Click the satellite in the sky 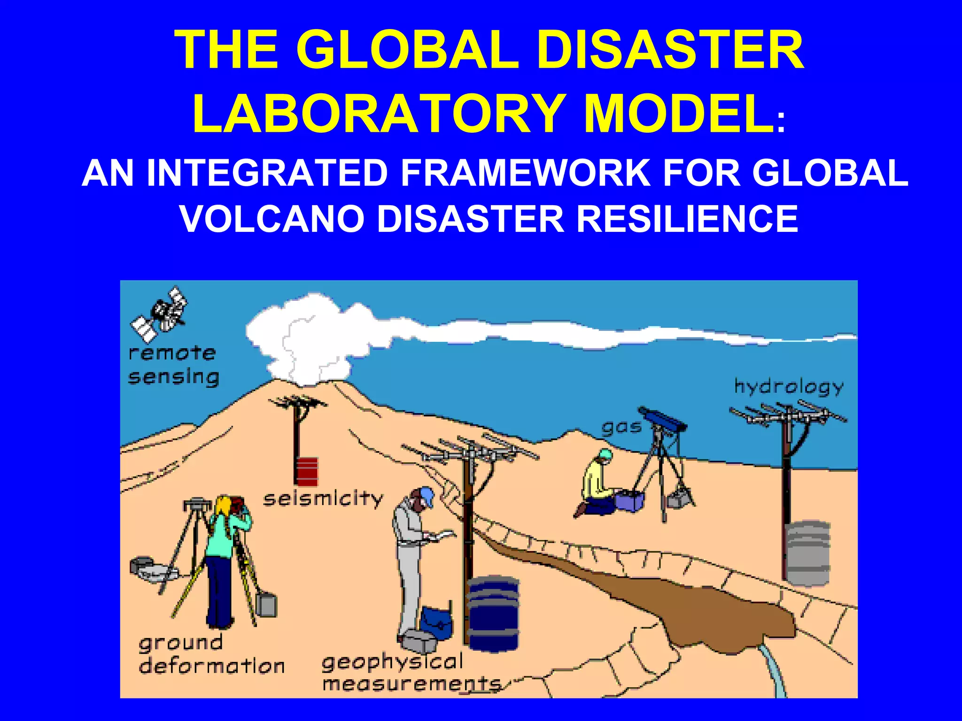[160, 314]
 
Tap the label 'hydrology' [789, 387]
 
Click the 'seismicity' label [323, 499]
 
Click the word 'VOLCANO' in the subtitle [272, 218]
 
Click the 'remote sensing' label [173, 365]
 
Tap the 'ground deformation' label [211, 655]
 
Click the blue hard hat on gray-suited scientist [427, 496]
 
